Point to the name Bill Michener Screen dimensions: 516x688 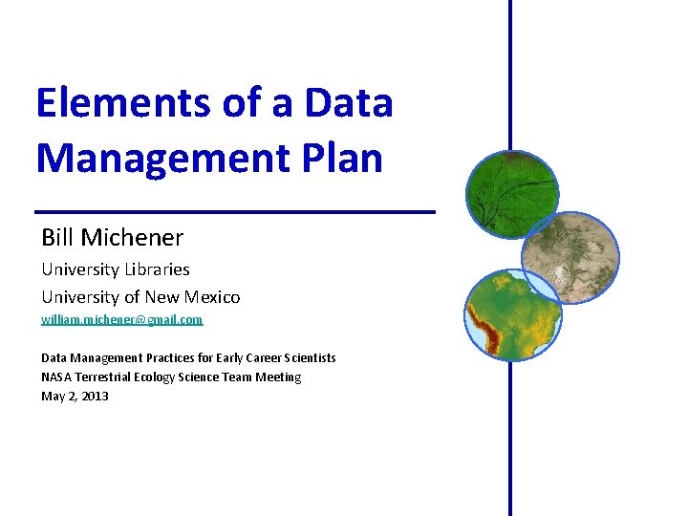pyautogui.click(x=112, y=237)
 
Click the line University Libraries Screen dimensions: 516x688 pyautogui.click(x=116, y=269)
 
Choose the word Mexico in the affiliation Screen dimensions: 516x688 pyautogui.click(x=211, y=297)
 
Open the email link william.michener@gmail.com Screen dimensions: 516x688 pyautogui.click(x=122, y=320)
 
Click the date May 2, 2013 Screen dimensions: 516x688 pyautogui.click(x=75, y=396)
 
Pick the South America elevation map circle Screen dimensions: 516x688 pyautogui.click(x=512, y=315)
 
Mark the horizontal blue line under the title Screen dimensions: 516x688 pyautogui.click(x=234, y=210)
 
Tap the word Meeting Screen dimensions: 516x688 pyautogui.click(x=278, y=377)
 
